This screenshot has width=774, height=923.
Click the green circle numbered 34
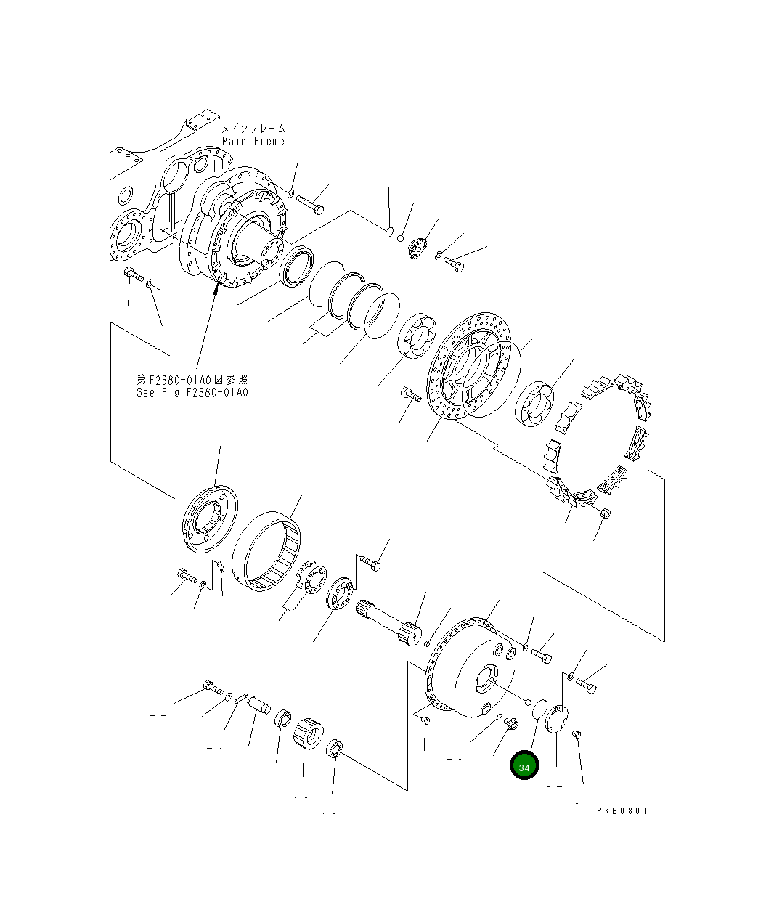[524, 766]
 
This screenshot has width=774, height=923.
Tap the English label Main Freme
[253, 141]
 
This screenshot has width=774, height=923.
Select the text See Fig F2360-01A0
[192, 392]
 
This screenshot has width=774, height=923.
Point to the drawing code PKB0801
[622, 810]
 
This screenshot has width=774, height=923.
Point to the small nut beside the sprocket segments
[606, 513]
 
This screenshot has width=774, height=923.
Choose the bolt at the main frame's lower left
[132, 275]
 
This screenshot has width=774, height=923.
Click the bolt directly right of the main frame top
[310, 204]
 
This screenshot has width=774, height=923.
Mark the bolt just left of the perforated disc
[410, 395]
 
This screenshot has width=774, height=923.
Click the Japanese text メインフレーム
[253, 129]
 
